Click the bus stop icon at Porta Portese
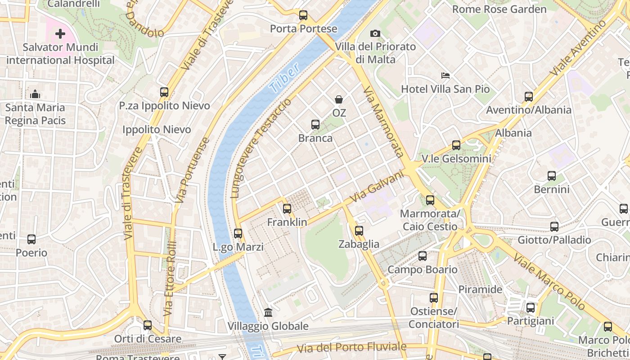[303, 16]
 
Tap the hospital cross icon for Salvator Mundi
[60, 34]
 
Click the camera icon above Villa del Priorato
[375, 33]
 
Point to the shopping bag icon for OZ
[339, 99]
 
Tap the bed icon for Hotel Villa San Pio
[445, 76]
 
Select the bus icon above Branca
[315, 125]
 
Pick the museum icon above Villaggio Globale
[268, 312]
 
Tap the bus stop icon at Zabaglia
[359, 231]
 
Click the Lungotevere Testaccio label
[260, 148]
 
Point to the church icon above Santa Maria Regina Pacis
[35, 94]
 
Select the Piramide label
[480, 289]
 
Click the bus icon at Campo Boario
[423, 256]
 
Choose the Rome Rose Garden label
[499, 9]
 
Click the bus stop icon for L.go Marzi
[238, 234]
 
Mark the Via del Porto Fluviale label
[351, 347]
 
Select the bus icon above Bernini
[552, 176]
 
